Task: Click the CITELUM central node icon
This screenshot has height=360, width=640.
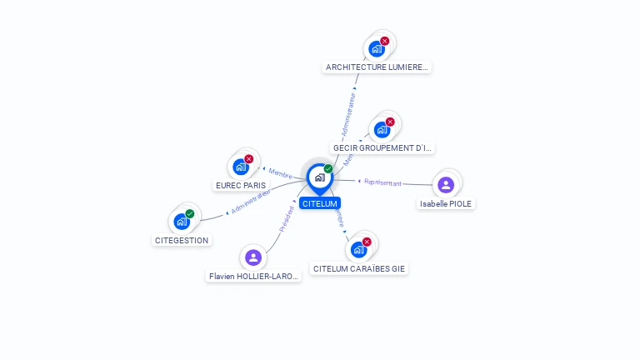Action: coord(319,177)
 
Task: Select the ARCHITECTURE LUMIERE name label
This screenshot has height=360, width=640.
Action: coord(377,67)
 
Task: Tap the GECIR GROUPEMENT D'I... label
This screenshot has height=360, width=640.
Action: coord(382,147)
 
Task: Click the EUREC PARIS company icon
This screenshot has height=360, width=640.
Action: coord(241,166)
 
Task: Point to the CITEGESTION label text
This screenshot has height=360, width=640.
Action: coord(182,240)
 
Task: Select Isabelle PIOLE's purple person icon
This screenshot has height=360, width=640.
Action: coord(446,184)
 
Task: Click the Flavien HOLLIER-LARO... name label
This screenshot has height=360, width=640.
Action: coord(253,276)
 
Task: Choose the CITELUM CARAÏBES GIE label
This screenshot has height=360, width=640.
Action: coord(359,269)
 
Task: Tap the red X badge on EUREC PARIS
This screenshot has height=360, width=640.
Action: coord(248,158)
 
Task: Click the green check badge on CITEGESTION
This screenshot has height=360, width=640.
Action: coord(190,214)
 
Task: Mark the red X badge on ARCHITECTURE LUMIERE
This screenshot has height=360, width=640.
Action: coord(384,41)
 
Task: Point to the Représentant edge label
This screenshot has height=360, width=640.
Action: coord(382,182)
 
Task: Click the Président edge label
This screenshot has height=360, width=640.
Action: coord(287,218)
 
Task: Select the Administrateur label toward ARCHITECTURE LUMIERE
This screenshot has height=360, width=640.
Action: coord(348,115)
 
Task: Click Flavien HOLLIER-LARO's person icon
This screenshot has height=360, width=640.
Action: coord(253,257)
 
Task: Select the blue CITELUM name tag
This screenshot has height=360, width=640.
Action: coord(320,203)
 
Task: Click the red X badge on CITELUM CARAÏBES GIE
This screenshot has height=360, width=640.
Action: coord(367,242)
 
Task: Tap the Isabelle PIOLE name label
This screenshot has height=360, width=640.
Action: coord(446,203)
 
